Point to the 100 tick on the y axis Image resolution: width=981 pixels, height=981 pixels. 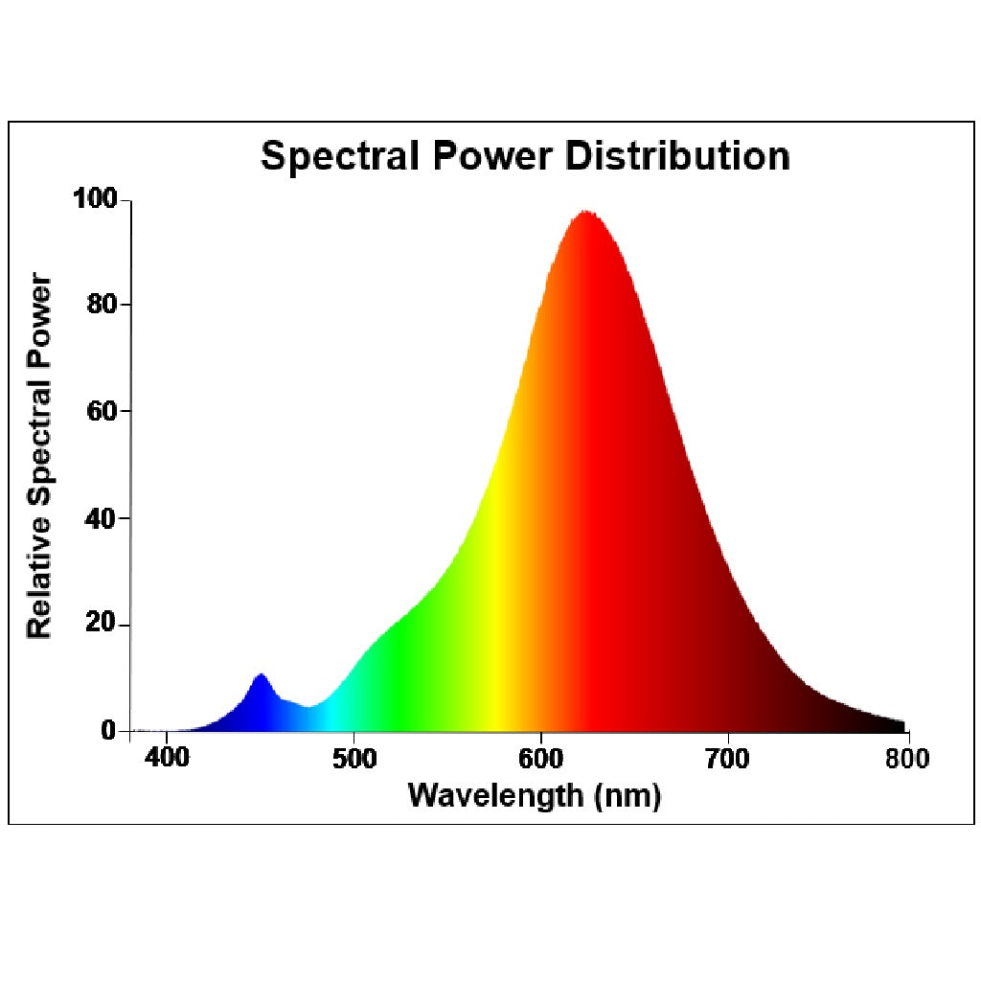pos(95,199)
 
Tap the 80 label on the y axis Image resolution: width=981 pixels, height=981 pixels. pos(102,305)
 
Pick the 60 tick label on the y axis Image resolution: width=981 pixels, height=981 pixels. pos(102,411)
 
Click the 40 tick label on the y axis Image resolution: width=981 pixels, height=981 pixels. pos(102,518)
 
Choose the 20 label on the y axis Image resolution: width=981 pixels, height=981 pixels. pos(102,625)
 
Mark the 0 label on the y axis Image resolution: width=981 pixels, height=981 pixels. pos(108,731)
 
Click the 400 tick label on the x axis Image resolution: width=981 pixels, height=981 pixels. pos(168,760)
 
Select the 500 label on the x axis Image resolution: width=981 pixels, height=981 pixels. pos(354,760)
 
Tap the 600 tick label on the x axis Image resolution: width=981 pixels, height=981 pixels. pos(542,760)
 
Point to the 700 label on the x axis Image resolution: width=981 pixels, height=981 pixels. pos(729,760)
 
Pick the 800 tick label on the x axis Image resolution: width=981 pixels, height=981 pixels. pos(906,760)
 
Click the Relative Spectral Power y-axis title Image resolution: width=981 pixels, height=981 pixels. pos(39,455)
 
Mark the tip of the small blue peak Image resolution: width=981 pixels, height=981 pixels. pos(260,674)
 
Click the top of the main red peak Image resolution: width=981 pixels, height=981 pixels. pos(583,212)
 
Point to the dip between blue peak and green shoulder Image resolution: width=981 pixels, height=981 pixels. pos(308,707)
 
